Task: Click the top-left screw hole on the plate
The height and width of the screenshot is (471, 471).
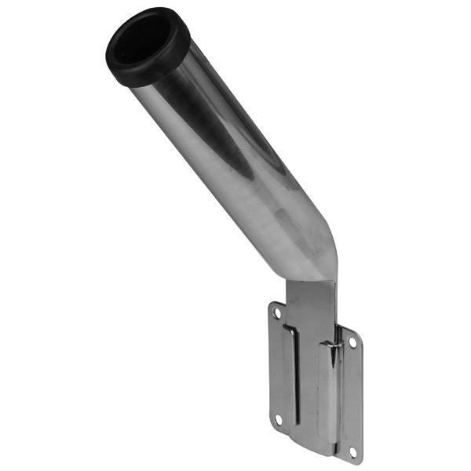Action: point(276,313)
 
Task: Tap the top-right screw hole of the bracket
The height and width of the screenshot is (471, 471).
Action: point(352,343)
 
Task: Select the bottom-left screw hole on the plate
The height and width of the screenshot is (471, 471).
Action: point(276,419)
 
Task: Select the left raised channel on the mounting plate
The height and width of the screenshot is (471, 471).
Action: point(290,377)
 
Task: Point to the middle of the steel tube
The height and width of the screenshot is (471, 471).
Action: point(235,157)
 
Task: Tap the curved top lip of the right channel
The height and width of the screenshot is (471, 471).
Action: point(330,342)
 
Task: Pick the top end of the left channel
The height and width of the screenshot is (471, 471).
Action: point(289,328)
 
